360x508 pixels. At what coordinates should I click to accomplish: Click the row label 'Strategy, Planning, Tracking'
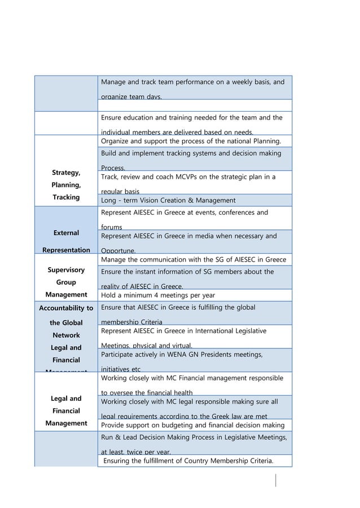click(x=66, y=185)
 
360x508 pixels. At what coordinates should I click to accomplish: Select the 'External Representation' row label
click(x=66, y=241)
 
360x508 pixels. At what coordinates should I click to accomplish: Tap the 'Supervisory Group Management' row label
click(x=66, y=282)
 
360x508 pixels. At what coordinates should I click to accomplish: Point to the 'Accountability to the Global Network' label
click(x=66, y=321)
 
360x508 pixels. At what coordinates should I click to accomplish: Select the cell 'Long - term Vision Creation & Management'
click(x=168, y=200)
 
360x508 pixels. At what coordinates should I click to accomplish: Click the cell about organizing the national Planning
click(x=194, y=140)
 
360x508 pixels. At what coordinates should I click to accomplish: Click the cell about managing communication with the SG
click(x=194, y=260)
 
